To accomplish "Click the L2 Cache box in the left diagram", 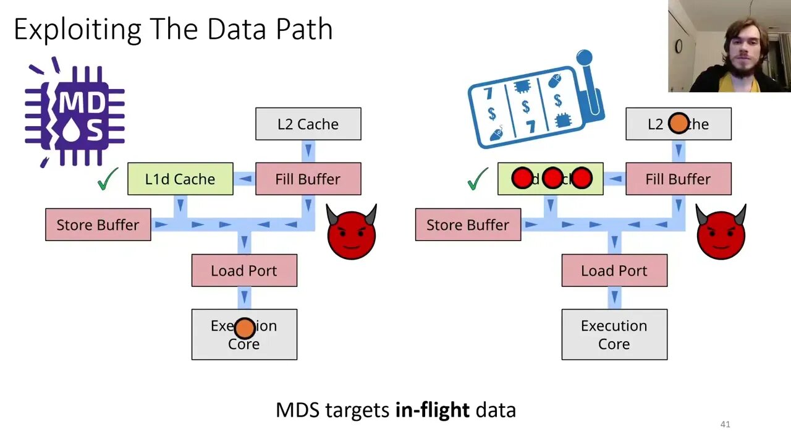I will tap(308, 124).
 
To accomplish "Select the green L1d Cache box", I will tap(180, 179).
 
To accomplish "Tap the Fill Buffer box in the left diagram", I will tap(308, 179).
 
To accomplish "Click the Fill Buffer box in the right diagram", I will tap(678, 179).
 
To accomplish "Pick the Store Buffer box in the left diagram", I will tap(98, 225).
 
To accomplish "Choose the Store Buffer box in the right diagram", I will tap(468, 225).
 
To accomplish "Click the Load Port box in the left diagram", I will tap(244, 271).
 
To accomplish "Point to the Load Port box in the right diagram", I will tap(614, 271).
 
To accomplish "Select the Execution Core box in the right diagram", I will tap(614, 334).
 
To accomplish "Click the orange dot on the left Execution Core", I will tap(245, 328).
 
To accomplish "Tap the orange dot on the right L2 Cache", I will tap(679, 124).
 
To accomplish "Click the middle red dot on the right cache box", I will tap(552, 179).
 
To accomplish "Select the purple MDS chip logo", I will tap(75, 114).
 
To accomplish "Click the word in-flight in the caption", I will tap(433, 410).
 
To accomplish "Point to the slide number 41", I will tap(725, 424).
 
